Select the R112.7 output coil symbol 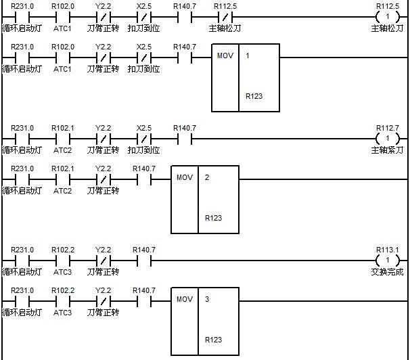(x=387, y=139)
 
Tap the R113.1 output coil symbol (x=387, y=261)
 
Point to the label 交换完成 (x=387, y=272)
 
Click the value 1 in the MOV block (x=248, y=55)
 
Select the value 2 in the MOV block (x=207, y=177)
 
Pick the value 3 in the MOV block (x=207, y=298)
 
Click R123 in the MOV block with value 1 (x=254, y=96)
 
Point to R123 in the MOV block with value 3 (x=213, y=340)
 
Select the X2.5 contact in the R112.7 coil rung (x=143, y=139)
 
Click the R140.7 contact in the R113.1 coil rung (x=143, y=261)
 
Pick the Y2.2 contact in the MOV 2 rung (x=103, y=180)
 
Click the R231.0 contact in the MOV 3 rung (x=22, y=301)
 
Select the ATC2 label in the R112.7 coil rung (x=62, y=150)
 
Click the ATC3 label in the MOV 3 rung (x=62, y=313)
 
